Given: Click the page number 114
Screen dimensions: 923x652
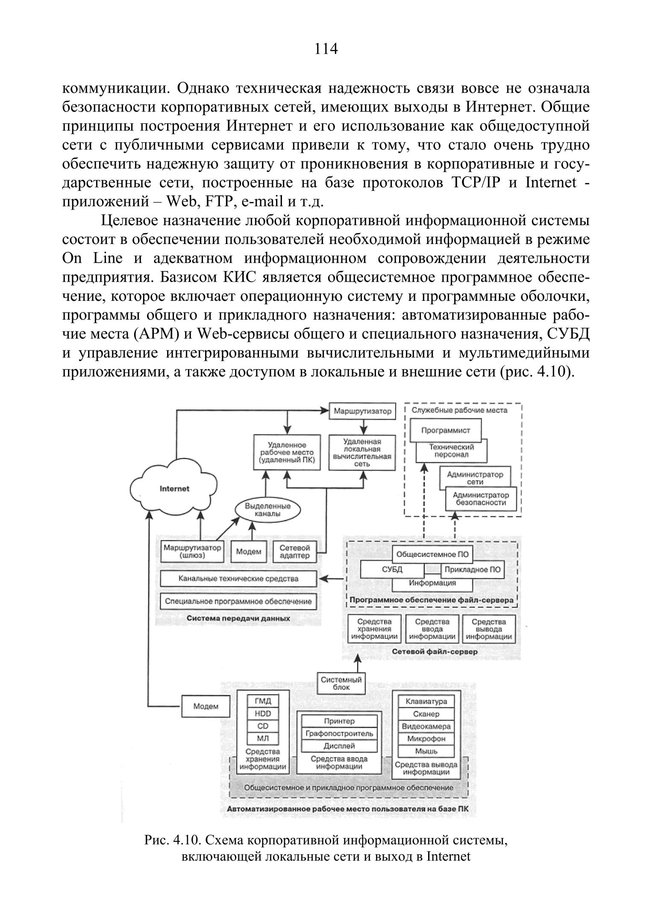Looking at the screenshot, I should point(326,50).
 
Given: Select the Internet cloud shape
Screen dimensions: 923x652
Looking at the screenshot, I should point(174,488).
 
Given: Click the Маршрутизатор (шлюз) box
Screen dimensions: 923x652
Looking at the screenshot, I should point(193,552).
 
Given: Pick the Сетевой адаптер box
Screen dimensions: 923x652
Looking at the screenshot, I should point(294,552).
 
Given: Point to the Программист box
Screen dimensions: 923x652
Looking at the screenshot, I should point(445,430).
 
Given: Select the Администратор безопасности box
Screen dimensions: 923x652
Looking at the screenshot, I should point(481,499).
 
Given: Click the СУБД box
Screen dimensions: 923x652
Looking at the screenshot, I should point(392,570).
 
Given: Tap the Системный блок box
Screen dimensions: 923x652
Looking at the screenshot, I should point(341,684).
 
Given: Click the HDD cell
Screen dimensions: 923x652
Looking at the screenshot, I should point(263,714).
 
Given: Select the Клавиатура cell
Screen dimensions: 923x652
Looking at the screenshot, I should point(426,701).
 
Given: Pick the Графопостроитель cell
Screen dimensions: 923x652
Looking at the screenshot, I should point(339,734).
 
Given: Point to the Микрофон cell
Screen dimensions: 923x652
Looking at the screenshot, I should point(426,738).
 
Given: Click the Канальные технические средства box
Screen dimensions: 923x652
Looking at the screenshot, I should point(238,579).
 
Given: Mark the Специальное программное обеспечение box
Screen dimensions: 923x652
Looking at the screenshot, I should point(238,601).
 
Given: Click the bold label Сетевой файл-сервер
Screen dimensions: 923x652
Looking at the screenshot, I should point(435,652).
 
